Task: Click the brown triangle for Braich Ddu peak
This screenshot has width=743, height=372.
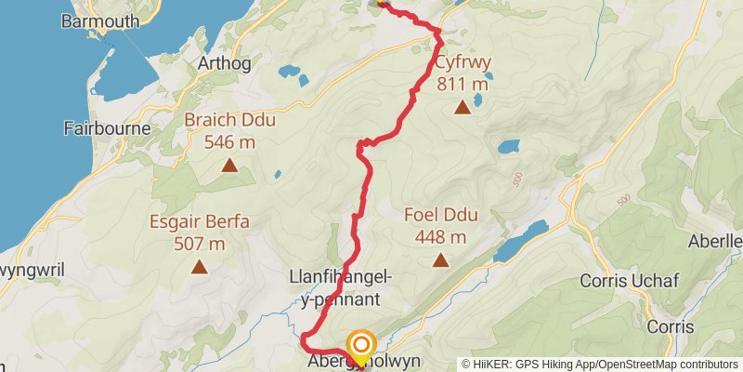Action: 229,166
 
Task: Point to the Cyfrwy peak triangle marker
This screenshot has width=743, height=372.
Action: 463,108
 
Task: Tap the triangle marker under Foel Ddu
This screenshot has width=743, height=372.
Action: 441,261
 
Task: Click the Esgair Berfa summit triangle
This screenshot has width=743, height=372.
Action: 199,268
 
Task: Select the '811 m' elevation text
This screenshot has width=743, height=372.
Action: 463,85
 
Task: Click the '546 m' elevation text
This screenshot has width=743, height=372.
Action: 229,142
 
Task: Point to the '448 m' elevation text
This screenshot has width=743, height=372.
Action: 441,237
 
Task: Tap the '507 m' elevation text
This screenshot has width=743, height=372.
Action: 199,244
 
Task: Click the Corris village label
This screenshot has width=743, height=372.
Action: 671,326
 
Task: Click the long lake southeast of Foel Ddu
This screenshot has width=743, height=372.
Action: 522,241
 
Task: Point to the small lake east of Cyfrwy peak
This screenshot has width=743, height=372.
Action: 508,147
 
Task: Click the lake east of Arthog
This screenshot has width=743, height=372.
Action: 289,70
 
